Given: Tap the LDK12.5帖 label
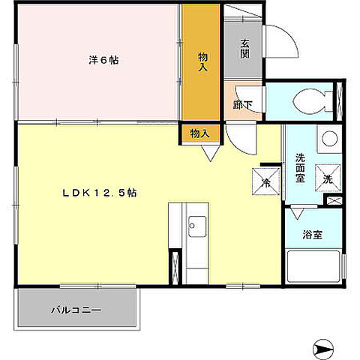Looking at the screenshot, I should pyautogui.click(x=99, y=193).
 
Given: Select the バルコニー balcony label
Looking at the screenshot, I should pyautogui.click(x=76, y=309).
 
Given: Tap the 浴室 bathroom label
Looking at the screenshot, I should pyautogui.click(x=313, y=235).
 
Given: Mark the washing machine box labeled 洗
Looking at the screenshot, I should pyautogui.click(x=327, y=178).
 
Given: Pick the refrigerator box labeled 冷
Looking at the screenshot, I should pyautogui.click(x=266, y=179).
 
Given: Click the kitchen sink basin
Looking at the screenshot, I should pyautogui.click(x=197, y=223).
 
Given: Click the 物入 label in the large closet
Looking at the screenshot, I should pyautogui.click(x=202, y=61).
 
